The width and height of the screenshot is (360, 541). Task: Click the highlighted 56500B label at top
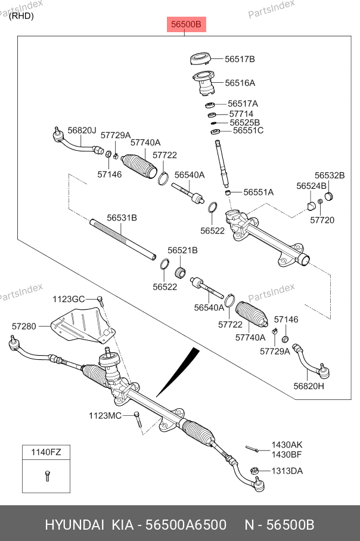pyautogui.click(x=185, y=24)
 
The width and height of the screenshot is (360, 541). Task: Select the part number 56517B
pyautogui.click(x=240, y=59)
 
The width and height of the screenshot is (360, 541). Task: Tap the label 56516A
pyautogui.click(x=240, y=83)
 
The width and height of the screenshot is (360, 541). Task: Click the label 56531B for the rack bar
pyautogui.click(x=122, y=218)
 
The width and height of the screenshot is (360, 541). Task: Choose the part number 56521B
pyautogui.click(x=182, y=251)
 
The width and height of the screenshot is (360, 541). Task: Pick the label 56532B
pyautogui.click(x=330, y=175)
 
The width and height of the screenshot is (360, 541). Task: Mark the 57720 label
pyautogui.click(x=322, y=220)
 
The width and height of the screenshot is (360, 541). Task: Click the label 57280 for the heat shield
pyautogui.click(x=24, y=326)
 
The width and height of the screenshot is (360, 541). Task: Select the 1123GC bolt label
pyautogui.click(x=69, y=299)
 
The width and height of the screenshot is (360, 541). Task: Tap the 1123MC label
pyautogui.click(x=105, y=415)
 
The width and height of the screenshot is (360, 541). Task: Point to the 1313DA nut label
pyautogui.click(x=287, y=471)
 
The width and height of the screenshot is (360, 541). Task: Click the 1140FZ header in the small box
pyautogui.click(x=46, y=452)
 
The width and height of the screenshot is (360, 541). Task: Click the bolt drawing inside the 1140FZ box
pyautogui.click(x=46, y=475)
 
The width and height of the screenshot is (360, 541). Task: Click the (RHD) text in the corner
pyautogui.click(x=21, y=16)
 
